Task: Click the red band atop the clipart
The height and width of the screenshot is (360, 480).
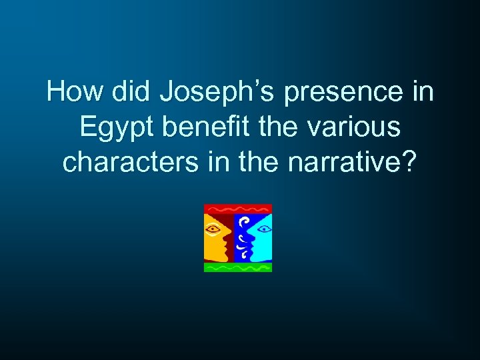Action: [x=237, y=208]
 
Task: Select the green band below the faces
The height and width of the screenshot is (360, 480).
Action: [x=237, y=267]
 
